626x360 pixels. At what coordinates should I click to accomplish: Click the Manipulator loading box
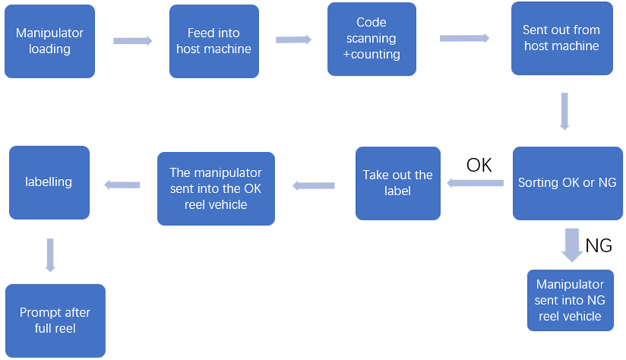(x=50, y=41)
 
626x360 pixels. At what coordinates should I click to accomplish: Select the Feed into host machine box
(x=214, y=41)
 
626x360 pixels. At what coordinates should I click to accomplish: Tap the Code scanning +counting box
(x=371, y=39)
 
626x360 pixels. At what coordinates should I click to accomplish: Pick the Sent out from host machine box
(x=561, y=38)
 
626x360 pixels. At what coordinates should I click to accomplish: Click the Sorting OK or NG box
(x=567, y=183)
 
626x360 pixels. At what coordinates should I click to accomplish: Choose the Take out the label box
(x=397, y=183)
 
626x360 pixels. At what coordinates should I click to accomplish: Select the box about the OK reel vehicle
(x=216, y=189)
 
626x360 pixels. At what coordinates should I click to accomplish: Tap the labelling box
(x=49, y=182)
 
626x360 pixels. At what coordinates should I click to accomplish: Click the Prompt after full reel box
(x=55, y=321)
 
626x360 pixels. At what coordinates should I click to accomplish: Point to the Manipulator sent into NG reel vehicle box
(x=569, y=301)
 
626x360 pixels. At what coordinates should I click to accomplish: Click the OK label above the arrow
(x=479, y=166)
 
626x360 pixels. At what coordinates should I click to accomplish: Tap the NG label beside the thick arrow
(x=598, y=246)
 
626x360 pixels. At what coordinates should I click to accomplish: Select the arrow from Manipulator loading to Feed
(x=132, y=41)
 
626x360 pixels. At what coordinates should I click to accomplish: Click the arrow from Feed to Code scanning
(x=293, y=40)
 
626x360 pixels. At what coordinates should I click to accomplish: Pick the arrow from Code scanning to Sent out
(x=464, y=39)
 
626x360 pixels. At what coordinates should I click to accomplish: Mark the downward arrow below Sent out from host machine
(x=564, y=111)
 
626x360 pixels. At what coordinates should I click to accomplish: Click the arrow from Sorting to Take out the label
(x=475, y=184)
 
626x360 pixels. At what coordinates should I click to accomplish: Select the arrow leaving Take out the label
(x=313, y=186)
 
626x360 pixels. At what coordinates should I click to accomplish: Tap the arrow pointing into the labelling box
(x=122, y=185)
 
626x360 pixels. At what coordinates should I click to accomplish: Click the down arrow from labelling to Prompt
(x=50, y=255)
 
